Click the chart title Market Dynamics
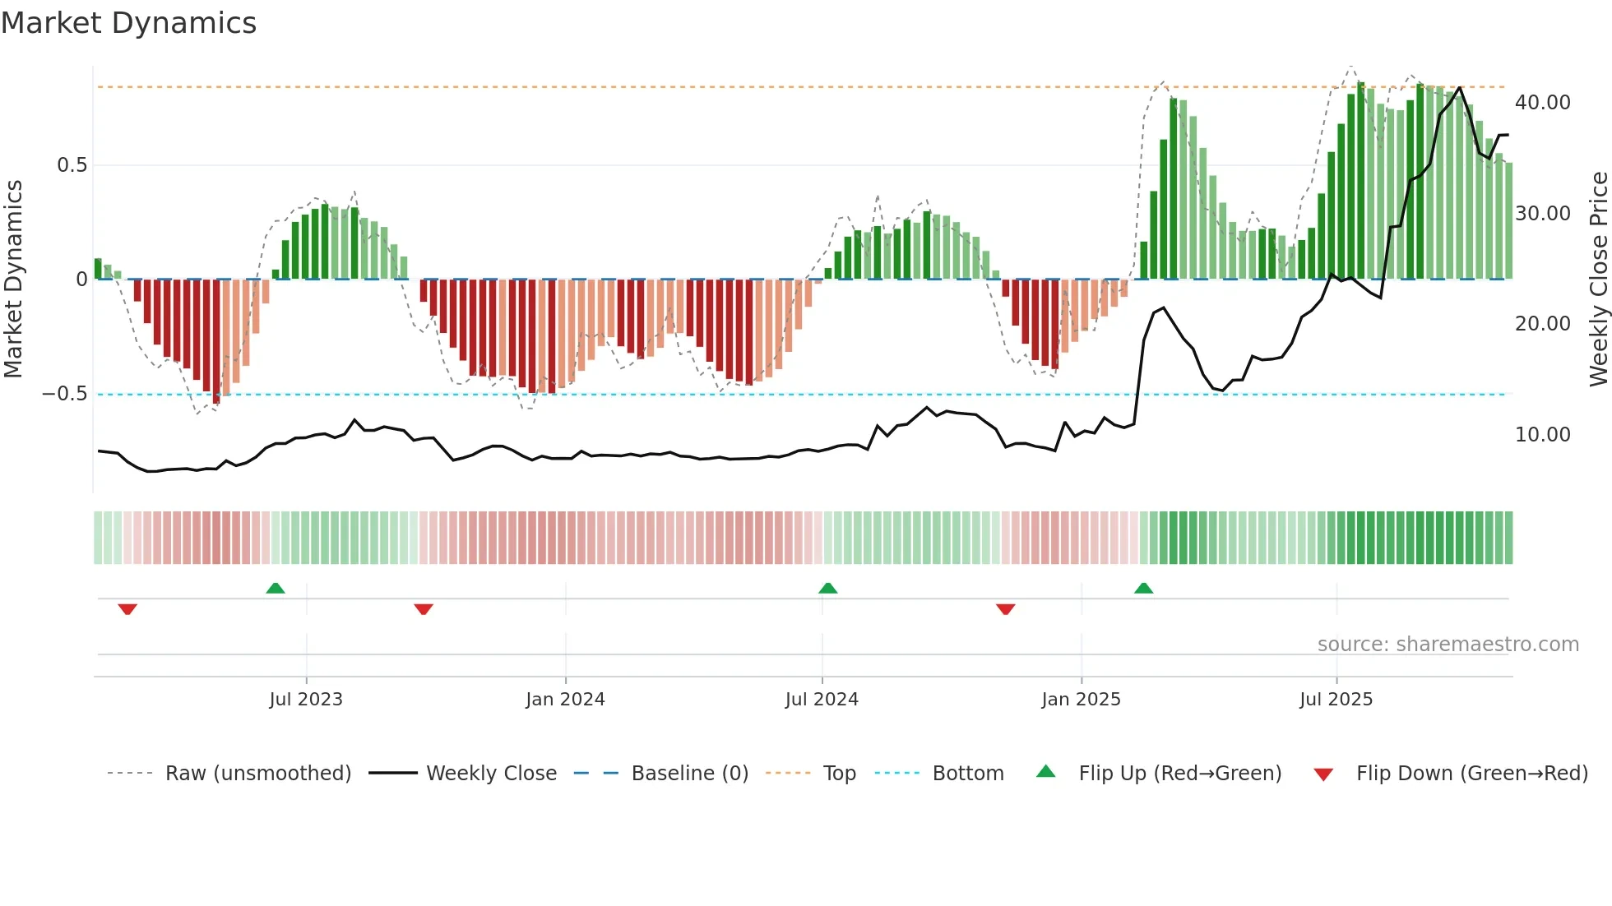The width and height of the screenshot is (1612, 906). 129,23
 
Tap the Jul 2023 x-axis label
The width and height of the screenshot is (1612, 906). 306,700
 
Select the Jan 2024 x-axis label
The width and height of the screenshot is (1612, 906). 565,700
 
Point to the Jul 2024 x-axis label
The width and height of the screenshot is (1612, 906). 822,700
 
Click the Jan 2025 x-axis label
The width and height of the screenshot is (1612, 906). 1081,700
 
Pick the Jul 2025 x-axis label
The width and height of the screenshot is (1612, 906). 1336,700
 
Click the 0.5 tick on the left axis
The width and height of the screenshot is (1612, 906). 72,165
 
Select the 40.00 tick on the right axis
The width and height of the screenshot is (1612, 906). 1542,103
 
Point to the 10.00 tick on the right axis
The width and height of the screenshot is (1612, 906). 1542,435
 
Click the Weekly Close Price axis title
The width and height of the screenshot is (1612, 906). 1598,280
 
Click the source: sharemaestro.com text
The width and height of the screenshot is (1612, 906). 1448,645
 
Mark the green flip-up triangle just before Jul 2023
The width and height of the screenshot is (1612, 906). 276,589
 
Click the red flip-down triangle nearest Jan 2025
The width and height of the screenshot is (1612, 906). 1005,609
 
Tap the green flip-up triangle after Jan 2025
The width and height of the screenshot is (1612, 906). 1143,589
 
